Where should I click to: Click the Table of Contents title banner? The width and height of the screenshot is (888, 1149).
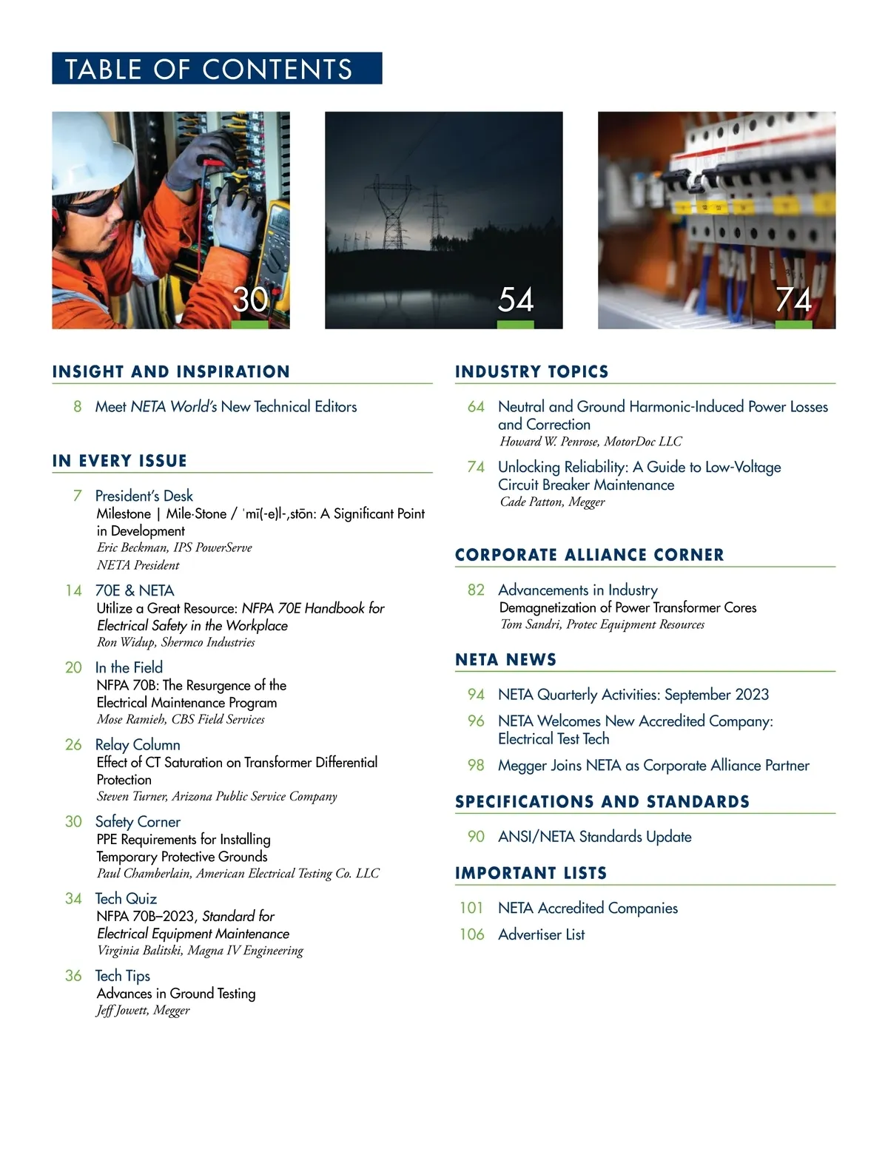(216, 68)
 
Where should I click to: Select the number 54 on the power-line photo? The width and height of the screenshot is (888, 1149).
(516, 300)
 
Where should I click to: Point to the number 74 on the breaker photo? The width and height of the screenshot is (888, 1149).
(793, 300)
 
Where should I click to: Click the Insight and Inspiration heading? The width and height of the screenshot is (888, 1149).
(171, 371)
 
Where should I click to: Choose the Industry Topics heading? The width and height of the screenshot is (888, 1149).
(531, 371)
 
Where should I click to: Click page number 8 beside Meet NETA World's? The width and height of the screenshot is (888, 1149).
(77, 406)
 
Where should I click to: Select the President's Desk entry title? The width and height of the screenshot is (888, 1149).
(144, 496)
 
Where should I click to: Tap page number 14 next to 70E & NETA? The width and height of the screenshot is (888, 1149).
(73, 590)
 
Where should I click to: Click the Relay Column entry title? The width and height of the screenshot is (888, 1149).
(138, 744)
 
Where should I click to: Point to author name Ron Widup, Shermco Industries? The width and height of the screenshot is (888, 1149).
(175, 642)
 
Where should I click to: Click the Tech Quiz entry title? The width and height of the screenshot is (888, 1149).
(126, 898)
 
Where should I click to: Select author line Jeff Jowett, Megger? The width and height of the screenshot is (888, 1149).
(143, 1011)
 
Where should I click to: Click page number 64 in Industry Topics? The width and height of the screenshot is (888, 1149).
(476, 406)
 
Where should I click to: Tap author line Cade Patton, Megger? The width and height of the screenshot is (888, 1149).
(552, 502)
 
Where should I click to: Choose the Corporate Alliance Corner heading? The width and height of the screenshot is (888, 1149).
(589, 555)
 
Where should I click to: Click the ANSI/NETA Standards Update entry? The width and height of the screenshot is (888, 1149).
(594, 837)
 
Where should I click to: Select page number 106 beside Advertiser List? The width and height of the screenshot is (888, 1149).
(471, 934)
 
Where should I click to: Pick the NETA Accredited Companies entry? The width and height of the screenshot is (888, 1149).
(588, 908)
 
